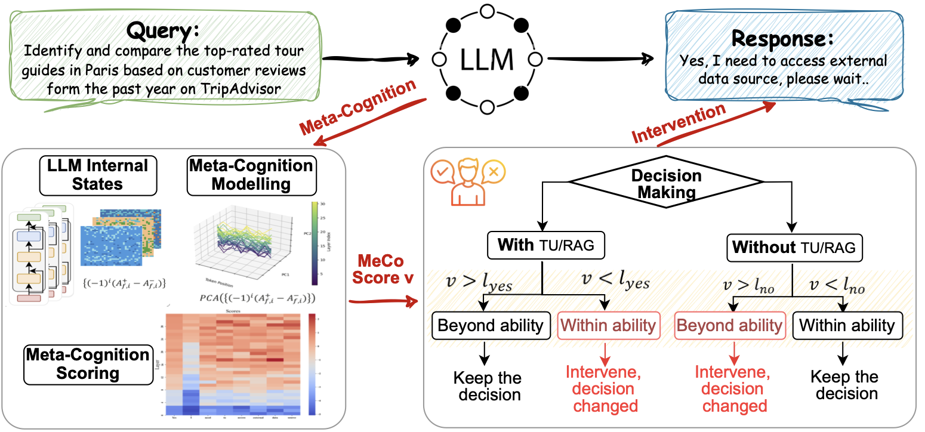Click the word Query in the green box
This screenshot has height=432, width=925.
click(164, 30)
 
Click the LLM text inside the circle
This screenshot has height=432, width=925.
click(486, 59)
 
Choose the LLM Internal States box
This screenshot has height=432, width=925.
click(98, 175)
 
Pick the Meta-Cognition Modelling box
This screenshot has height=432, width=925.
click(251, 175)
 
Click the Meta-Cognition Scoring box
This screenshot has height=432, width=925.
click(87, 364)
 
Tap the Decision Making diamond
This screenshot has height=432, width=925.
click(666, 184)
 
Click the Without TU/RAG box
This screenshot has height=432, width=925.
click(794, 245)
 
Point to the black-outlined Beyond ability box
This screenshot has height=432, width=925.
click(490, 325)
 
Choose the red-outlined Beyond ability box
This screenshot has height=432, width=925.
click(729, 325)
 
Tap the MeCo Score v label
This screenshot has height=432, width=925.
click(380, 270)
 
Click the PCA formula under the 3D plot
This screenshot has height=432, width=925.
click(249, 296)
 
